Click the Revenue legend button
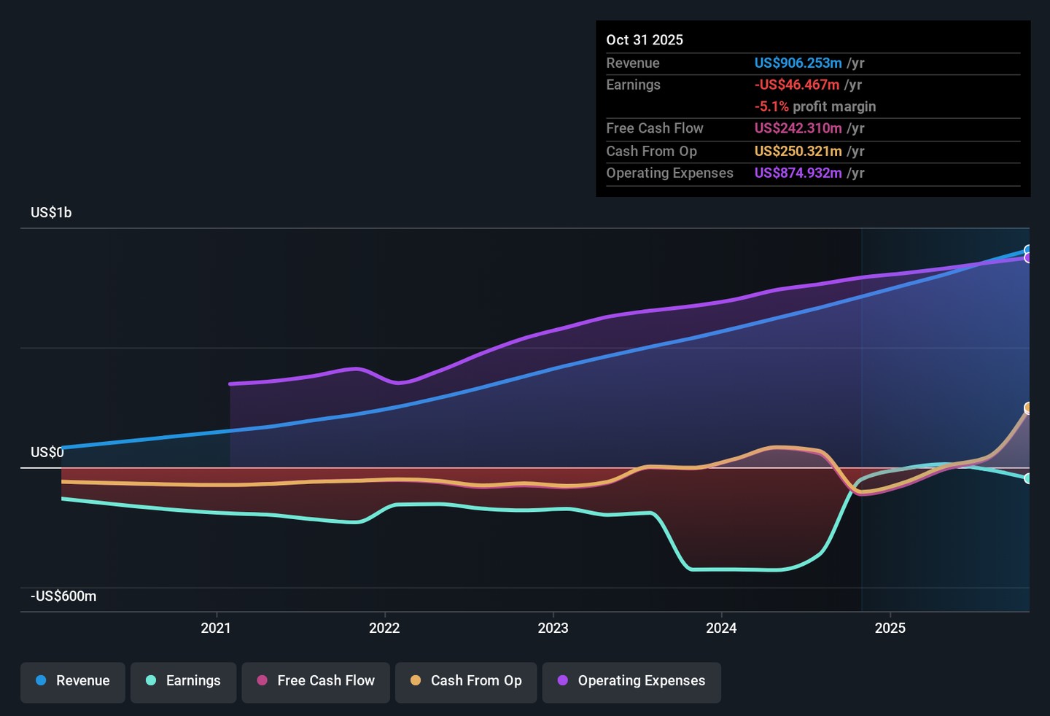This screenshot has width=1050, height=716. pyautogui.click(x=73, y=681)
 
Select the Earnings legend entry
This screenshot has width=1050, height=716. pyautogui.click(x=183, y=681)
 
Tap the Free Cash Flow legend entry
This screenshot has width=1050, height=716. pyautogui.click(x=316, y=681)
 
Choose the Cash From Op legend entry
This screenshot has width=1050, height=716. pyautogui.click(x=466, y=681)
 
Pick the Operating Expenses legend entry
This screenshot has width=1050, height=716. pyautogui.click(x=631, y=681)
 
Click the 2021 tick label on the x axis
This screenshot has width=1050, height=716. pyautogui.click(x=216, y=629)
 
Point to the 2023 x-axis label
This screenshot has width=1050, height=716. pyautogui.click(x=553, y=629)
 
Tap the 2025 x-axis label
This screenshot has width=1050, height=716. pyautogui.click(x=890, y=629)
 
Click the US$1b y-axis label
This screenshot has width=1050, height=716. pyautogui.click(x=51, y=213)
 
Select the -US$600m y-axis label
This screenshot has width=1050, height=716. pyautogui.click(x=63, y=596)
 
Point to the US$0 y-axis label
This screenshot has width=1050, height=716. pyautogui.click(x=47, y=453)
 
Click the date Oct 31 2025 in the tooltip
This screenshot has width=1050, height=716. pyautogui.click(x=645, y=40)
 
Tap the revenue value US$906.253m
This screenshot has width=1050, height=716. pyautogui.click(x=798, y=63)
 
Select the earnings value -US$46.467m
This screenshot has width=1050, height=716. pyautogui.click(x=797, y=85)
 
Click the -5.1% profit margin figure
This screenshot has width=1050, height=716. pyautogui.click(x=771, y=106)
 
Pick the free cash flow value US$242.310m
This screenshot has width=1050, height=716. pyautogui.click(x=798, y=128)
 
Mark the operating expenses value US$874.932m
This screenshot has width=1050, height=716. pyautogui.click(x=798, y=174)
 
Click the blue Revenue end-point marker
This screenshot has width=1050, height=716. pyautogui.click(x=1027, y=250)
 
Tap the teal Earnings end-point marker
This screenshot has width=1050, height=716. pyautogui.click(x=1027, y=478)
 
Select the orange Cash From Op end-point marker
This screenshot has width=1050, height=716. pyautogui.click(x=1027, y=408)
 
